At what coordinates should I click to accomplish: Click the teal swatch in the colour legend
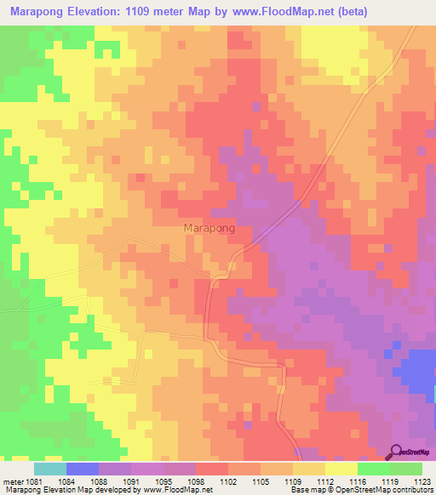click(50, 469)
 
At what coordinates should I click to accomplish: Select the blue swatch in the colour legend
click(83, 469)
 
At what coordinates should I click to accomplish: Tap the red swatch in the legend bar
click(212, 469)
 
